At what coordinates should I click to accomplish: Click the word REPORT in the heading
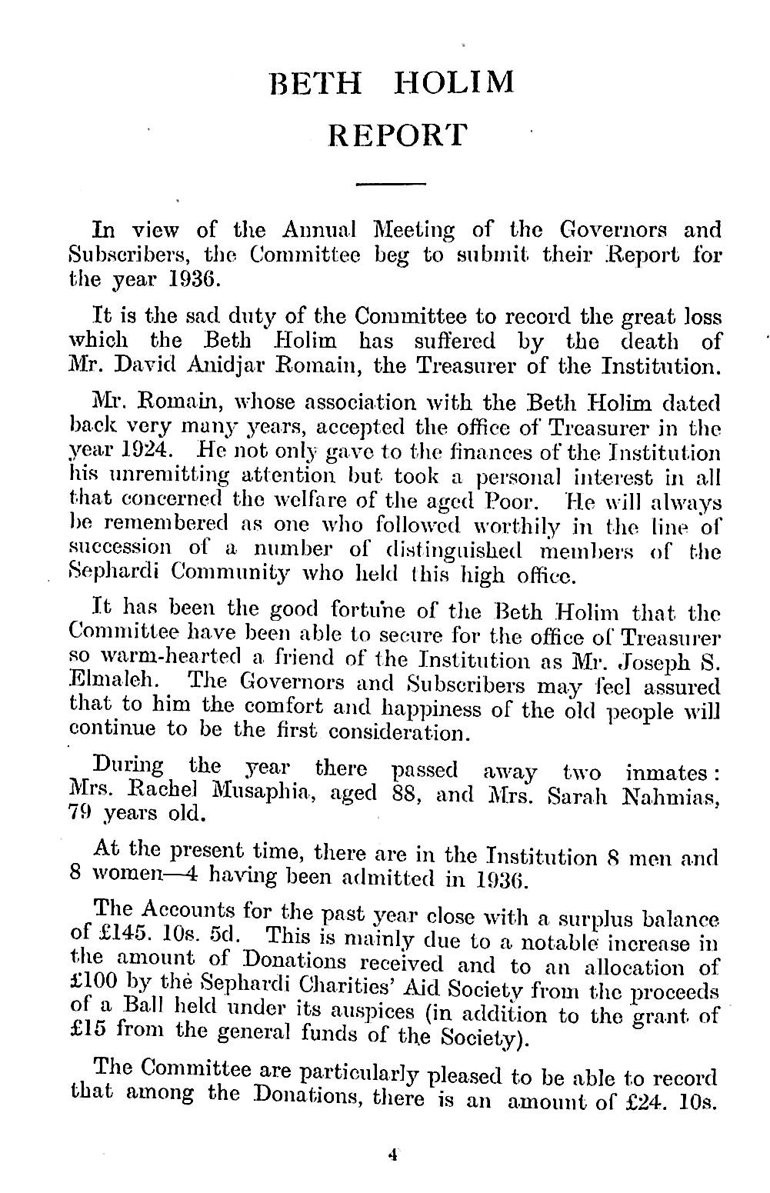pyautogui.click(x=397, y=135)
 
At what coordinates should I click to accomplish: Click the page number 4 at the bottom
pyautogui.click(x=392, y=1175)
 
